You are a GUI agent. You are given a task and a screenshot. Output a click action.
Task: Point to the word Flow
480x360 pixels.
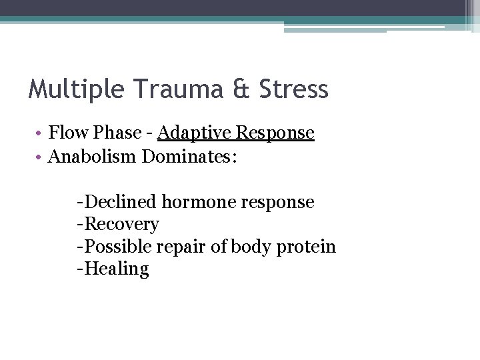click(69, 133)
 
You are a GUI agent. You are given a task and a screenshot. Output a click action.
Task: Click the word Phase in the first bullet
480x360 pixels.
click(117, 133)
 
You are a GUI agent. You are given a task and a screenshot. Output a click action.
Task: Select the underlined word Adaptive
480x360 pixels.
click(190, 133)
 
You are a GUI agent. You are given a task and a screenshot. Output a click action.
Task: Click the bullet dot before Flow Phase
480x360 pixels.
click(41, 133)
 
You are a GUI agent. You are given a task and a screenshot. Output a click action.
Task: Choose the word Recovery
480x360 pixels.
click(122, 225)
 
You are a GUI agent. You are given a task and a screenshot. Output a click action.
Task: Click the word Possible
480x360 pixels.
click(119, 247)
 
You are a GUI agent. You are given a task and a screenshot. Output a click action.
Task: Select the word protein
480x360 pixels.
click(307, 247)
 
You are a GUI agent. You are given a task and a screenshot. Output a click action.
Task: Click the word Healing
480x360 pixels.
click(117, 269)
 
